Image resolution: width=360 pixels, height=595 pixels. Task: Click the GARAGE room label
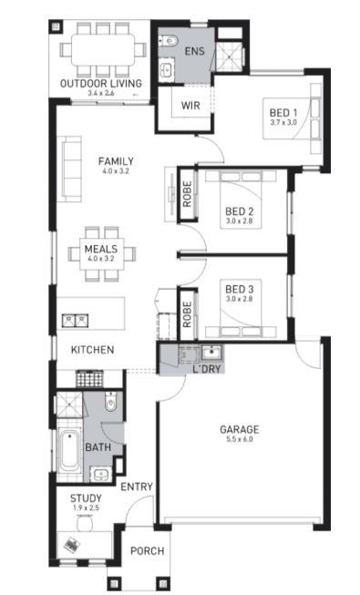(x=239, y=429)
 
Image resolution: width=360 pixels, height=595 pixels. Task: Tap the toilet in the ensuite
(x=168, y=39)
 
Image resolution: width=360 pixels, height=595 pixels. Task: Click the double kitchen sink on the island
(x=75, y=321)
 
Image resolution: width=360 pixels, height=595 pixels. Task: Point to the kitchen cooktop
(x=89, y=378)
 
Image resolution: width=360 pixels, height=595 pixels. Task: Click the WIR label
(x=190, y=105)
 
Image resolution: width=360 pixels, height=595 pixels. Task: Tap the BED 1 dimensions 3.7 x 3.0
(x=283, y=123)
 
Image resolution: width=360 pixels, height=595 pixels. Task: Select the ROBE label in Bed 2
(x=187, y=194)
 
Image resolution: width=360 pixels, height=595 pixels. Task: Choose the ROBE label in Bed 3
(x=187, y=314)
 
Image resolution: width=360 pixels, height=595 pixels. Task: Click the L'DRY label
(x=207, y=369)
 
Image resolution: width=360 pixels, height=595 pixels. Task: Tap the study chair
(x=85, y=524)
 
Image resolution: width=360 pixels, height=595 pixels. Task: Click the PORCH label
(x=148, y=550)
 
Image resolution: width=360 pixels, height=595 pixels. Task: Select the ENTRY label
(x=137, y=487)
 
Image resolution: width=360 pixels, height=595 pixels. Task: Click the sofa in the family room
(x=72, y=169)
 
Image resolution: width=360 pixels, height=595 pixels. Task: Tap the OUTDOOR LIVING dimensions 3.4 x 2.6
(x=101, y=93)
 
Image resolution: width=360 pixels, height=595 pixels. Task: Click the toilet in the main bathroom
(x=110, y=402)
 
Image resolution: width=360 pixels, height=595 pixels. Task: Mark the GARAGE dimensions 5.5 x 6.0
(x=239, y=440)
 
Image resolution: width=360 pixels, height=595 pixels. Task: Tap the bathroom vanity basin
(x=100, y=474)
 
